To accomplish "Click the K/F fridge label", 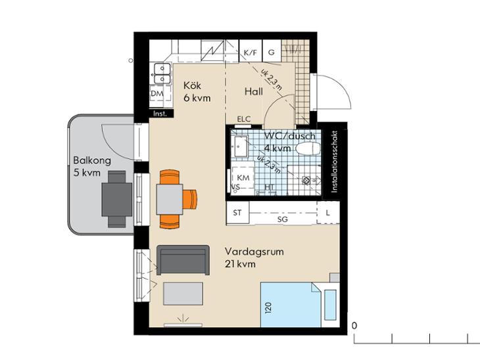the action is pyautogui.click(x=251, y=53).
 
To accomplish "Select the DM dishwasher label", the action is pyautogui.click(x=157, y=94).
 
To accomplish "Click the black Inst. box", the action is pyautogui.click(x=161, y=114).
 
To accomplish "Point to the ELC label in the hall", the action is pyautogui.click(x=244, y=119).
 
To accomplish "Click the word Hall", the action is pyautogui.click(x=253, y=91).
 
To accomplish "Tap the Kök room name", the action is pyautogui.click(x=192, y=85).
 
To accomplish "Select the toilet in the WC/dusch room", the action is pyautogui.click(x=308, y=148).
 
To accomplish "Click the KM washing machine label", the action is pyautogui.click(x=243, y=178).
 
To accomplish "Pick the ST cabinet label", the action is pyautogui.click(x=237, y=213).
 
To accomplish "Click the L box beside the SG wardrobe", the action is pyautogui.click(x=328, y=213).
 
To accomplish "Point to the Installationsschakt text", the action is pyautogui.click(x=335, y=162).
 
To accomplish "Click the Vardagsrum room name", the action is pyautogui.click(x=254, y=252).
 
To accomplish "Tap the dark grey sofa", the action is pyautogui.click(x=183, y=260).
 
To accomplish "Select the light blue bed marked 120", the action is pyautogui.click(x=291, y=305).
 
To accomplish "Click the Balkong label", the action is pyautogui.click(x=92, y=160).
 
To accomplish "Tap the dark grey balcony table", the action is pyautogui.click(x=116, y=200).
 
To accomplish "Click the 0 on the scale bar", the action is pyautogui.click(x=354, y=326).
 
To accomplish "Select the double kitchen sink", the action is pyautogui.click(x=162, y=74).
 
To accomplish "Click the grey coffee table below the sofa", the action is pyautogui.click(x=183, y=294).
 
